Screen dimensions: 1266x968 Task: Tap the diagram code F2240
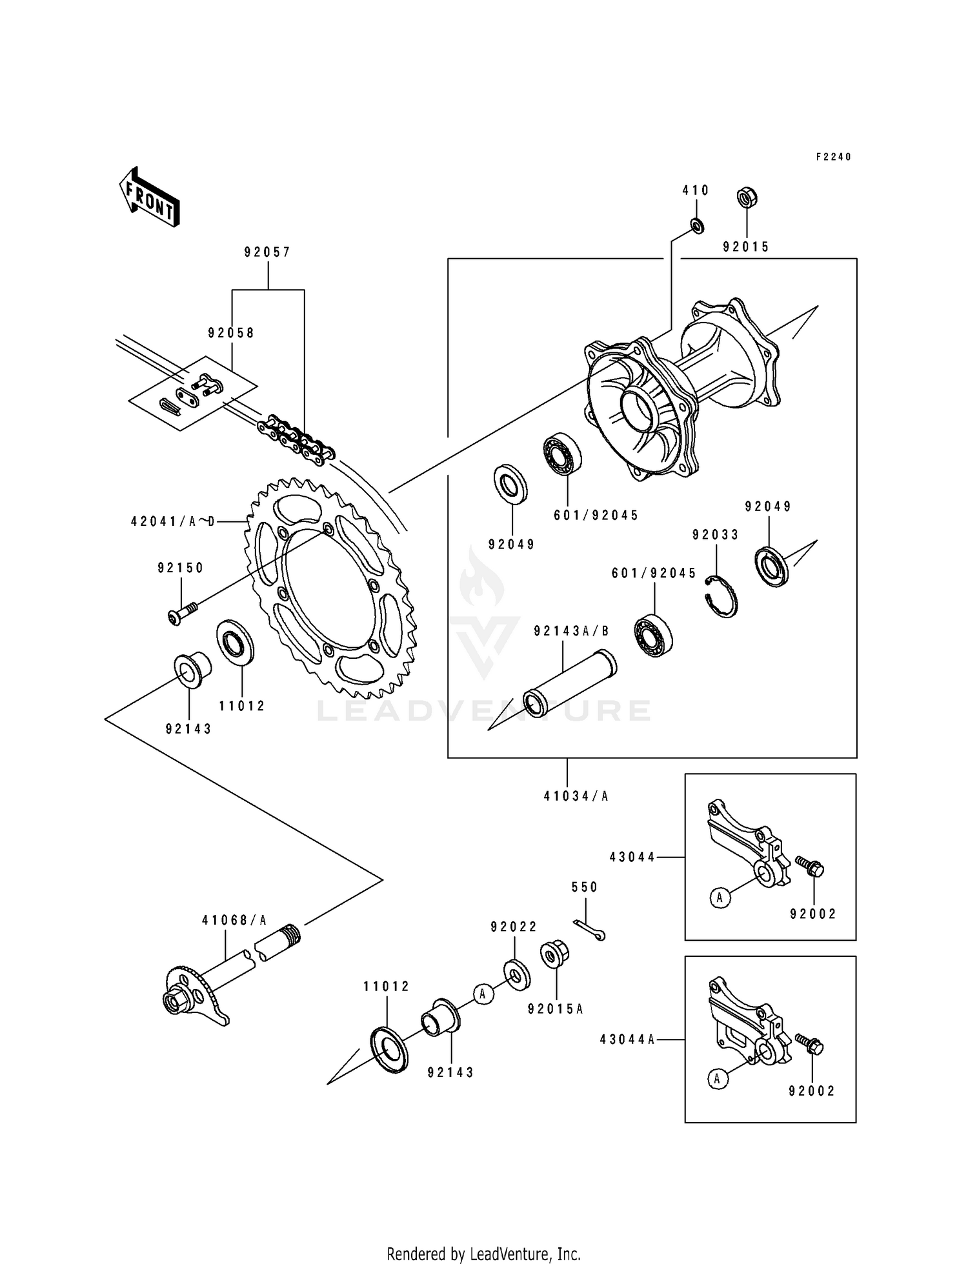click(833, 157)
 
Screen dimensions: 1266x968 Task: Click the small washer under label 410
click(697, 226)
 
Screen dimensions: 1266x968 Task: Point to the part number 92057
click(267, 252)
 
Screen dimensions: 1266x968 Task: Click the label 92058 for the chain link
click(231, 333)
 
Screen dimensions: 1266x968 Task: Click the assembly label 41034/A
click(576, 796)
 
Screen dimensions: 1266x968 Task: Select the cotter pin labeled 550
click(589, 930)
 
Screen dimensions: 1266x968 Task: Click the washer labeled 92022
click(516, 975)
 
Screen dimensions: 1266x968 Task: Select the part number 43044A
click(627, 1040)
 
